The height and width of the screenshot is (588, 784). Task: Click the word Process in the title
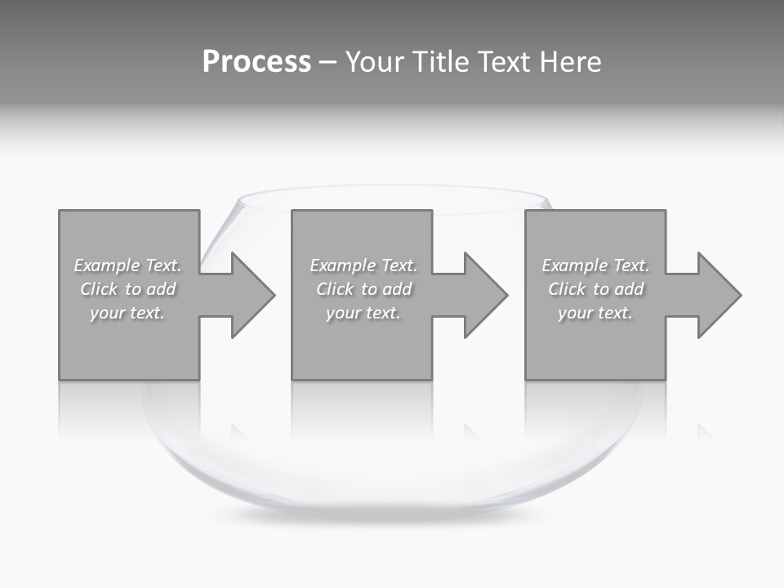click(x=256, y=62)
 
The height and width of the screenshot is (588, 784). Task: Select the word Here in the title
click(x=569, y=62)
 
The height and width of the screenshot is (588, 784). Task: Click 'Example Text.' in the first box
click(x=127, y=265)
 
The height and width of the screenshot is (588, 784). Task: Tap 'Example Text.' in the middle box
click(x=363, y=265)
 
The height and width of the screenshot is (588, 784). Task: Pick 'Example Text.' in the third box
click(x=595, y=265)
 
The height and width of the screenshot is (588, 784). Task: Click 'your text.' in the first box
click(x=127, y=313)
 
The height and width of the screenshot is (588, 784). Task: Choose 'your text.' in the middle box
click(x=363, y=313)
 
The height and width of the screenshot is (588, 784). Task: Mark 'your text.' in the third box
click(x=595, y=313)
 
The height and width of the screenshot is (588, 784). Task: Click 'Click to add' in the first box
click(x=127, y=289)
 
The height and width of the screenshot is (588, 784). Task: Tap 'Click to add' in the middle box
click(x=363, y=289)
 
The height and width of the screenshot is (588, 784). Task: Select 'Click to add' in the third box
click(x=595, y=289)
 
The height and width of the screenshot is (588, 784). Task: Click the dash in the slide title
click(x=327, y=63)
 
